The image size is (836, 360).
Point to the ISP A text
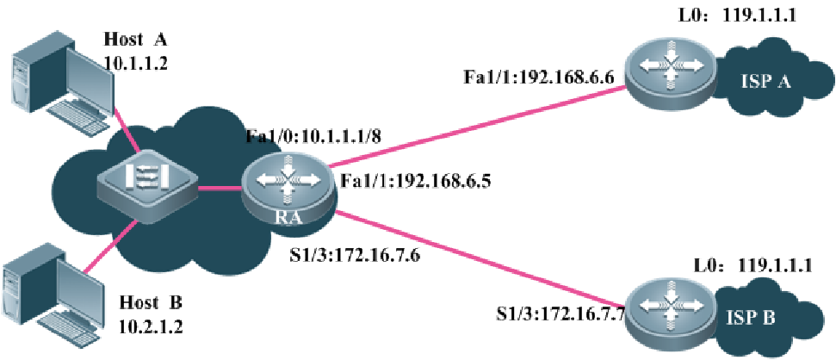click(x=765, y=81)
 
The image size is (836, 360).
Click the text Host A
click(x=135, y=40)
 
